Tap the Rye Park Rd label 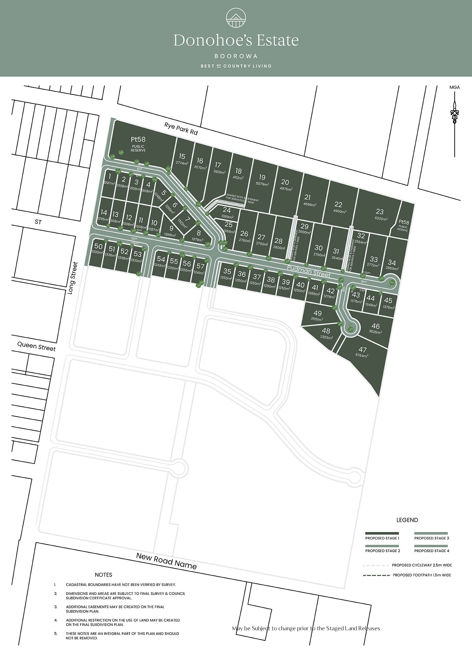pyautogui.click(x=181, y=129)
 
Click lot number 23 pyautogui.click(x=380, y=211)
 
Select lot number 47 pyautogui.click(x=363, y=350)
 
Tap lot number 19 pyautogui.click(x=262, y=177)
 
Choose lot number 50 pyautogui.click(x=98, y=246)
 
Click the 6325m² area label pyautogui.click(x=381, y=219)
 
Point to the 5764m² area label pyautogui.click(x=362, y=356)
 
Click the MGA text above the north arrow pyautogui.click(x=454, y=87)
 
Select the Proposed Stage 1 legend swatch pyautogui.click(x=382, y=533)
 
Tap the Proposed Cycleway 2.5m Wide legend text pyautogui.click(x=422, y=565)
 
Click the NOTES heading pyautogui.click(x=103, y=575)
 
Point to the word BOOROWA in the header pyautogui.click(x=236, y=56)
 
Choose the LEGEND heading pyautogui.click(x=407, y=520)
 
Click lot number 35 pyautogui.click(x=227, y=271)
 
